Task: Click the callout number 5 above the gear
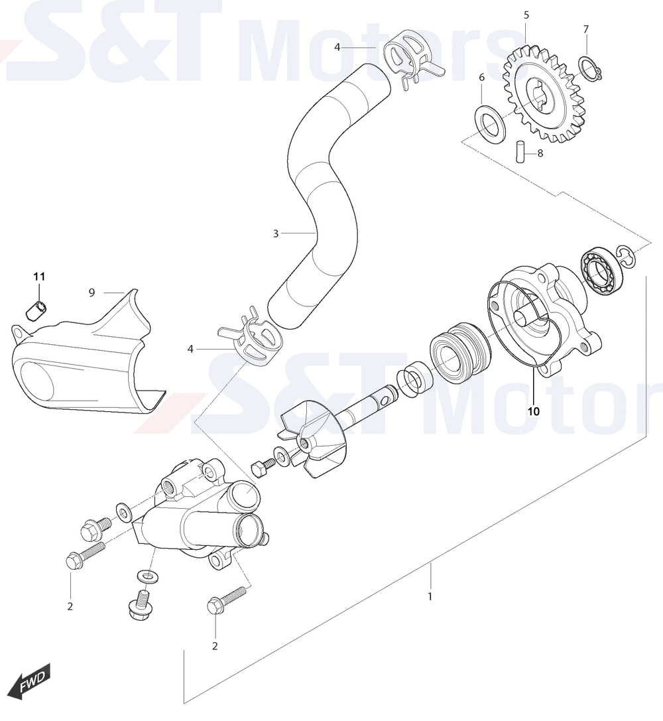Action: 526,15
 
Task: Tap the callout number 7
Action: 586,29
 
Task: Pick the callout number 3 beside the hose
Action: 276,233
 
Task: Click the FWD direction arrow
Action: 32,680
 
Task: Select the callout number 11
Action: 39,277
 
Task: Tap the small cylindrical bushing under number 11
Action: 36,311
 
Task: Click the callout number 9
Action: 91,293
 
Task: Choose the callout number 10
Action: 534,411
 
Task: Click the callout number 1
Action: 430,596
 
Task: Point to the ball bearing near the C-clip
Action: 603,272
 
